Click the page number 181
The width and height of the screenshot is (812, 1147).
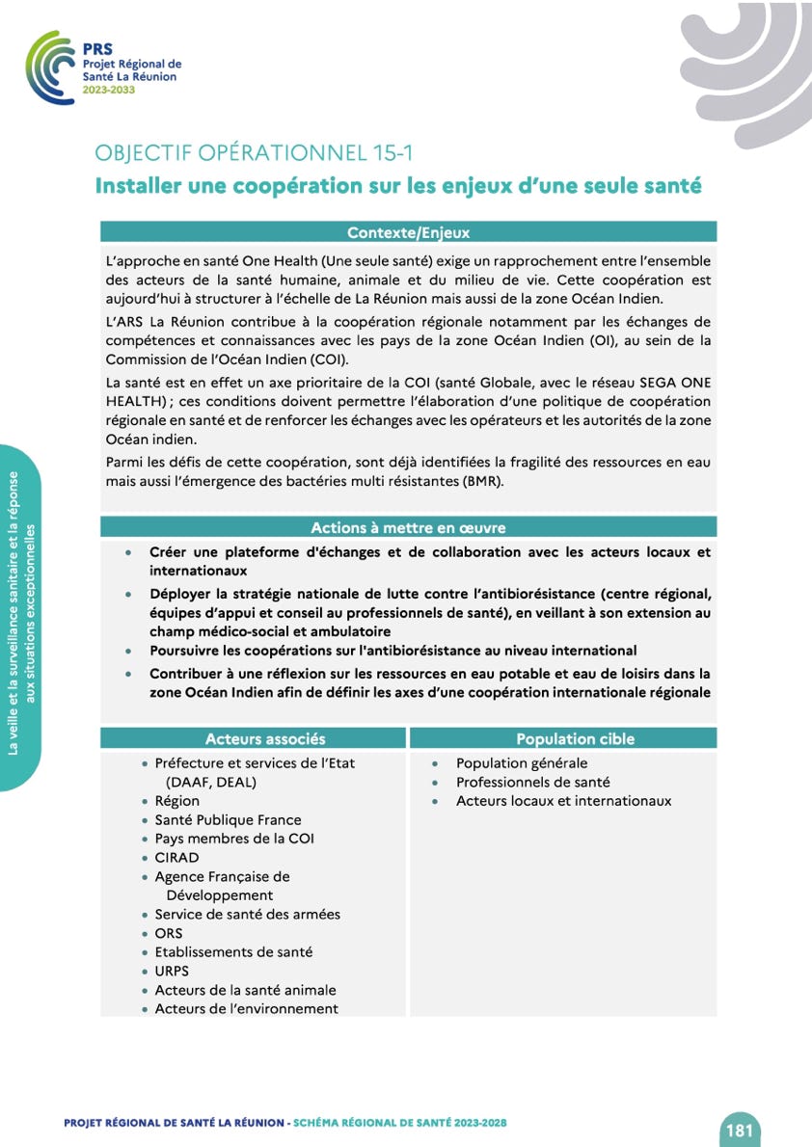(740, 1131)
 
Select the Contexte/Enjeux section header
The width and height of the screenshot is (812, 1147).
(408, 232)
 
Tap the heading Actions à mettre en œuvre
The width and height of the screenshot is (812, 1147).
(408, 527)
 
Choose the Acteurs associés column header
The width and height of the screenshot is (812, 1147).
(265, 738)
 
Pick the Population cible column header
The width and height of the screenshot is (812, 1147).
(575, 738)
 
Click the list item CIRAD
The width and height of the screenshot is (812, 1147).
(176, 857)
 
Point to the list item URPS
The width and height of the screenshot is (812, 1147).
(172, 971)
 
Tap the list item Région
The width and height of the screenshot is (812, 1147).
(176, 800)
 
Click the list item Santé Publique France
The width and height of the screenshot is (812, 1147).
(228, 819)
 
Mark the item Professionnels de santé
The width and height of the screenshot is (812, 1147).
(532, 782)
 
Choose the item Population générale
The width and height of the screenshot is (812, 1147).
(522, 762)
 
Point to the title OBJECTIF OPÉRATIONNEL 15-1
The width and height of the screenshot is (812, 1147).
(255, 153)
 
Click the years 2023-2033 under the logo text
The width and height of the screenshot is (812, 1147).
(109, 90)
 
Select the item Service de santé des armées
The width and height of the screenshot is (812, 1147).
(247, 914)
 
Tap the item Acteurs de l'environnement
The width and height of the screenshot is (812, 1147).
(246, 1008)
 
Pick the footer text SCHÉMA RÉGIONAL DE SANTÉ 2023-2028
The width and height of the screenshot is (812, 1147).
(400, 1123)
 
